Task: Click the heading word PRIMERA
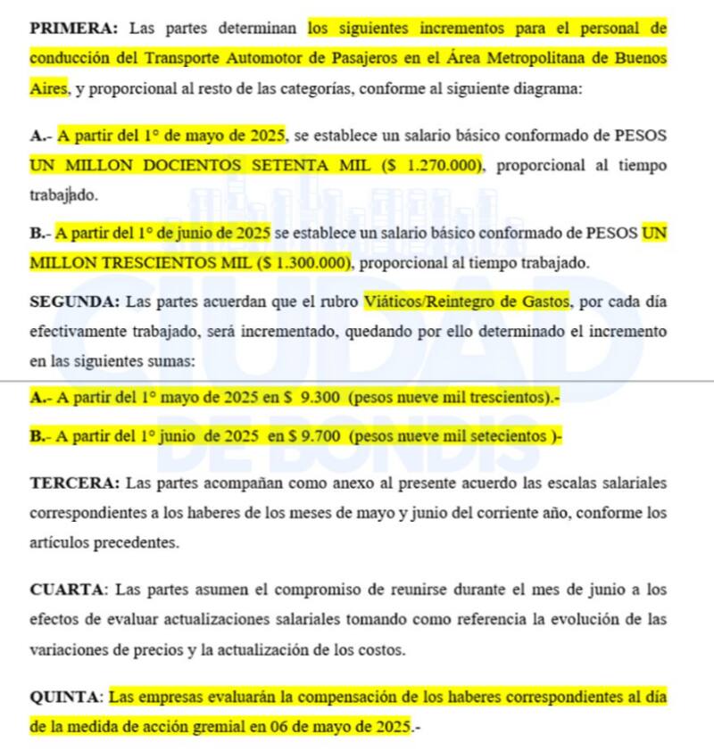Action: [71, 28]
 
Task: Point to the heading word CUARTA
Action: [68, 590]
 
